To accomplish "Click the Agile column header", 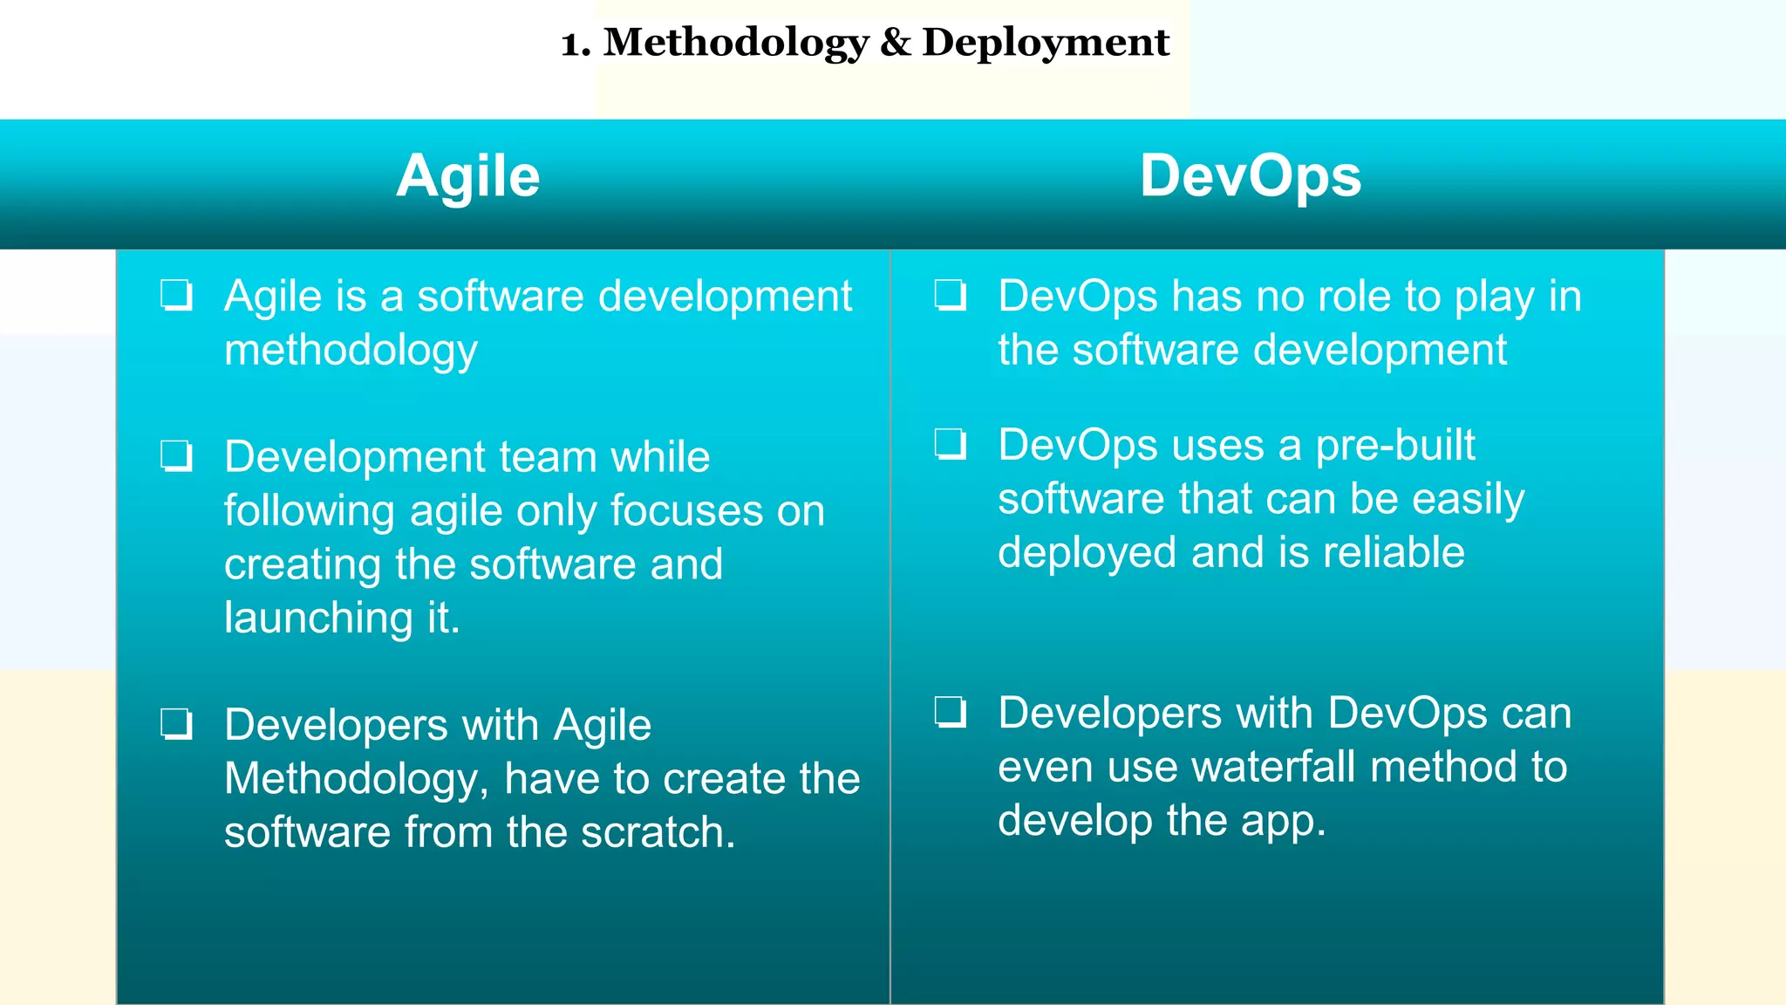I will [468, 177].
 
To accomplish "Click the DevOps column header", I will [1250, 177].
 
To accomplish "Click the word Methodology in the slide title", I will [736, 44].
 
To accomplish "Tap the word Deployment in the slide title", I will [1045, 44].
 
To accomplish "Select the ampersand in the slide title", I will [895, 43].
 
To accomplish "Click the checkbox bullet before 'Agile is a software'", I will [177, 296].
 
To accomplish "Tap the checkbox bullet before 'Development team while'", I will [177, 456].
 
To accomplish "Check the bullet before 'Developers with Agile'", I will [177, 724].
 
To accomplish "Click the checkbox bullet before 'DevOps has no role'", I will [951, 296].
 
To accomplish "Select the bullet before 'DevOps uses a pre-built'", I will [951, 444].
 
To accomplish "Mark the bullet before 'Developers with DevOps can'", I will [951, 712].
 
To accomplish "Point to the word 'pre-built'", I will [1394, 445].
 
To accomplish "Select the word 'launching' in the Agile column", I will [318, 619].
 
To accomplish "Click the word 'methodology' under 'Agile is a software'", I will [351, 351].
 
